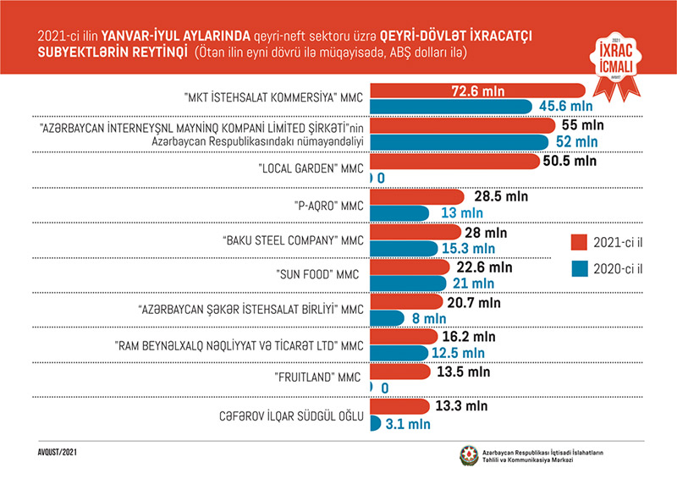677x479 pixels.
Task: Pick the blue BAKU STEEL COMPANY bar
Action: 406,249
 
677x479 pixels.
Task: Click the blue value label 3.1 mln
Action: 409,423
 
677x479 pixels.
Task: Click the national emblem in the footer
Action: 468,456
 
